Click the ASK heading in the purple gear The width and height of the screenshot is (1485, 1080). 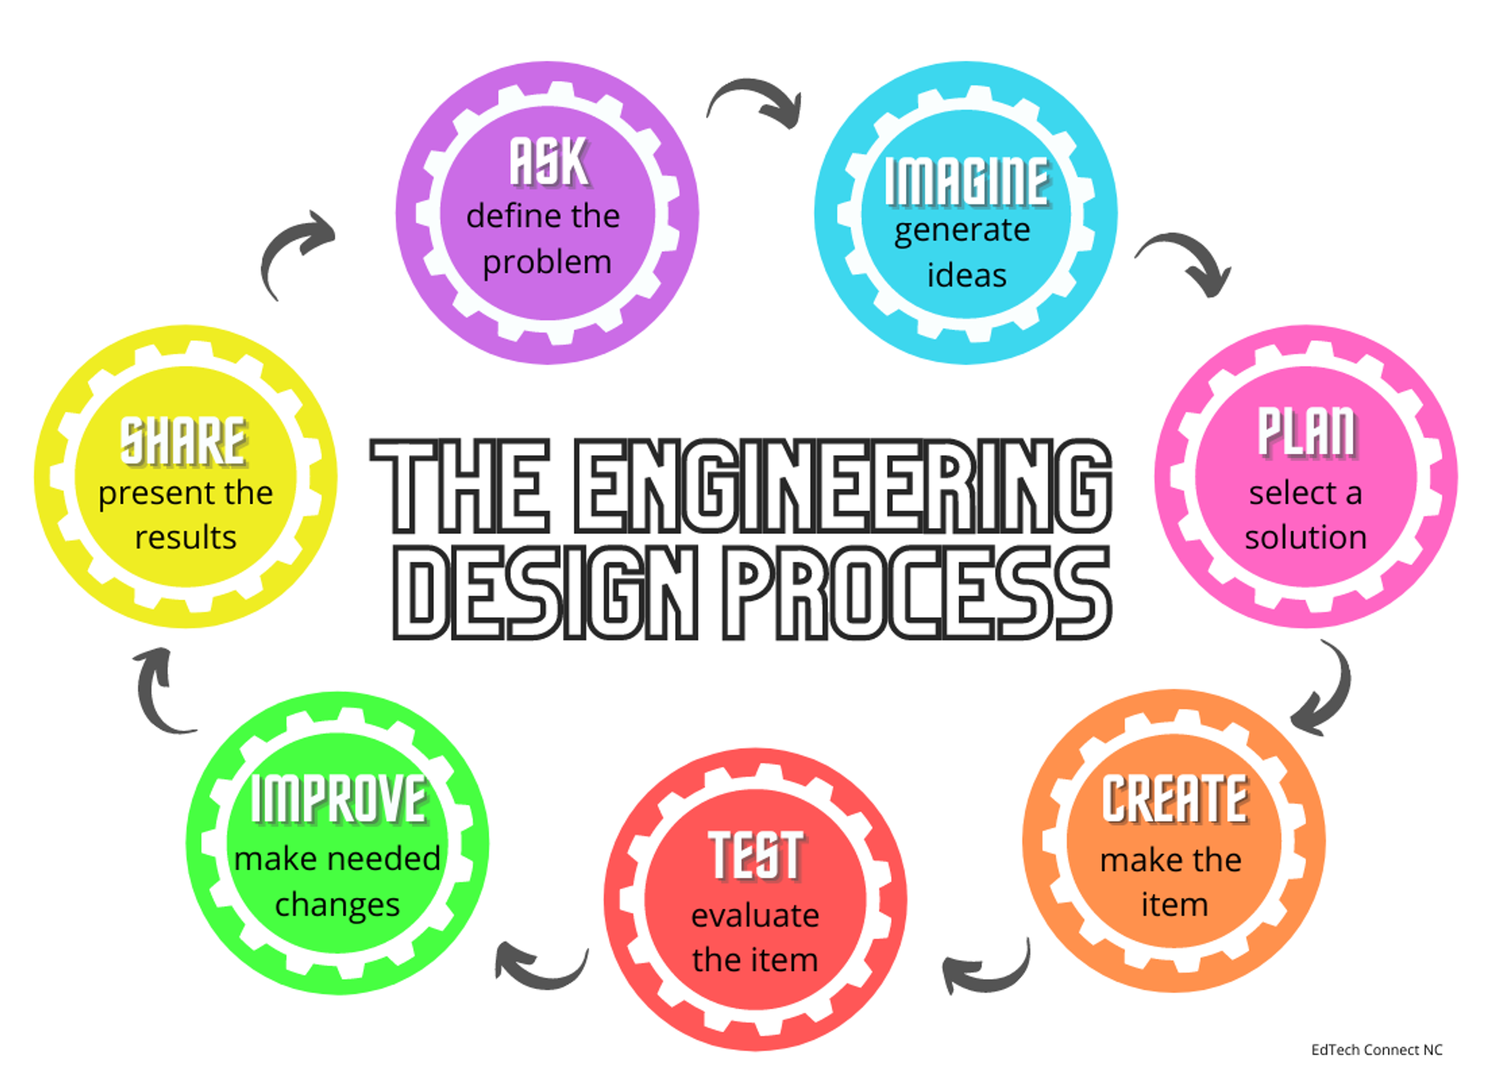pos(549,162)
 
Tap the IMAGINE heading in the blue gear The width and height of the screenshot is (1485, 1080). pos(967,181)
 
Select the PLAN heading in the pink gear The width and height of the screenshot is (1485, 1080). pos(1306,432)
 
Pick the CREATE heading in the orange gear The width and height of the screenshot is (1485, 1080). pos(1175,798)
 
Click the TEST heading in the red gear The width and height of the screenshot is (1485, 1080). pos(756,855)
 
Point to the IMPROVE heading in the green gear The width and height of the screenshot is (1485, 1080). pos(339,798)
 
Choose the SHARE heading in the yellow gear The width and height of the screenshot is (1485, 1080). pos(184,441)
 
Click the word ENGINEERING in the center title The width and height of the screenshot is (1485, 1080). pos(843,486)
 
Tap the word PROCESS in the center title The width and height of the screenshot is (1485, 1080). pos(916,593)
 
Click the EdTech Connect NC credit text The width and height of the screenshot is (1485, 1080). pos(1377,1050)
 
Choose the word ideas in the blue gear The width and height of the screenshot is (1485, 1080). pos(967,274)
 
